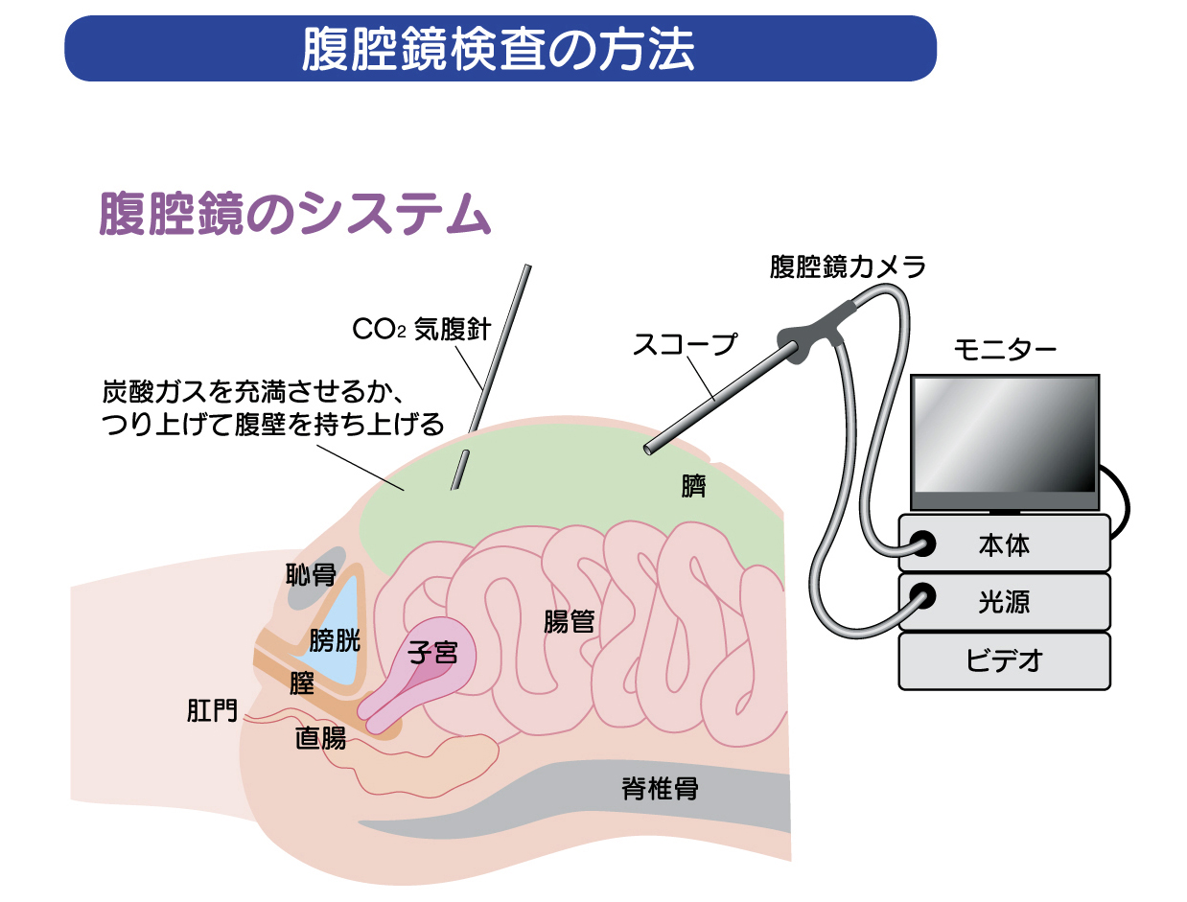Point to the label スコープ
click(685, 344)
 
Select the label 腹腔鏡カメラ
click(848, 266)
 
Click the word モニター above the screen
click(1005, 350)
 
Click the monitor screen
click(1004, 433)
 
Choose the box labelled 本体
click(1004, 544)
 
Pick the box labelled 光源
click(1004, 602)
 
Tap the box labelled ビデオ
click(1004, 660)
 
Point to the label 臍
click(693, 487)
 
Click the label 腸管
click(569, 622)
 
